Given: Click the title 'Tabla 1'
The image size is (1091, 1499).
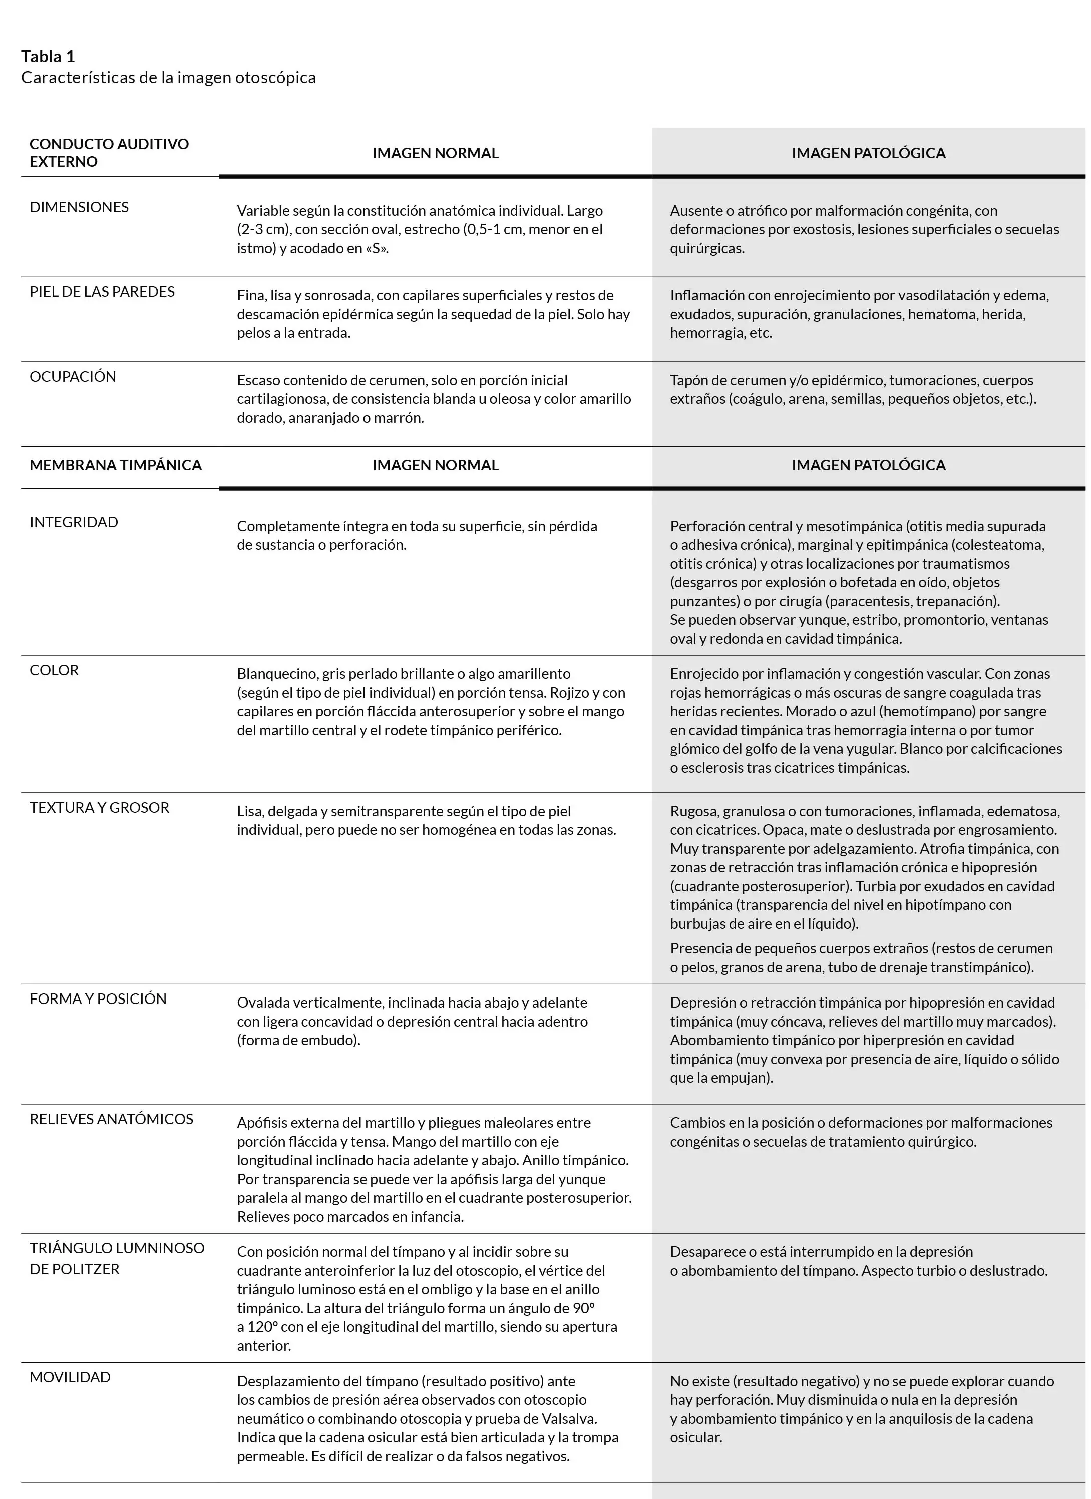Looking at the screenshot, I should (48, 56).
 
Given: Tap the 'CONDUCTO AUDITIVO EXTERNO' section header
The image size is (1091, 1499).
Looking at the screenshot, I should (109, 153).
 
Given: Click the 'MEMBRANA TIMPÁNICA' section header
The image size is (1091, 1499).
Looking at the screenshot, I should (115, 465).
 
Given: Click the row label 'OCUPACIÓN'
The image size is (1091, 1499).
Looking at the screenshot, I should (73, 377).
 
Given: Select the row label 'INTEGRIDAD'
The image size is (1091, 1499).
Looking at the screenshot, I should (74, 522).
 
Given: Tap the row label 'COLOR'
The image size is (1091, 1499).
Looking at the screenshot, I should (54, 670).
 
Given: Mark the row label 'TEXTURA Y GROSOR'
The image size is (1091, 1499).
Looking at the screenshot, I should (99, 808).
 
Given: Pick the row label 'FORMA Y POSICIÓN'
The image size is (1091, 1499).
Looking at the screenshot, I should (98, 998).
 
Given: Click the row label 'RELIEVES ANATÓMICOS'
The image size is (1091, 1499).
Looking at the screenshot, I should (111, 1119).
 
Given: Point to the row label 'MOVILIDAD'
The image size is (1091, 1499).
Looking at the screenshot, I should (70, 1377).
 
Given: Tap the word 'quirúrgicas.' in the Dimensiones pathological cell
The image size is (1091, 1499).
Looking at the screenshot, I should (707, 249).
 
